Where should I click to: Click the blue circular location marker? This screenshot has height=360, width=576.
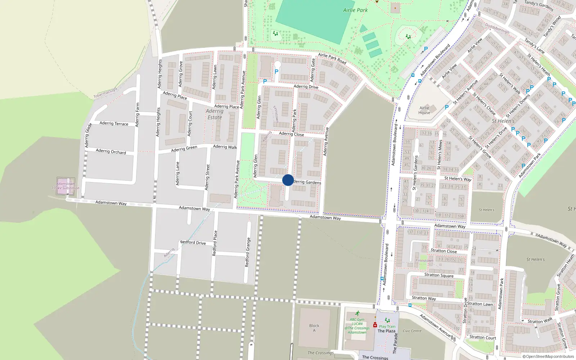288,180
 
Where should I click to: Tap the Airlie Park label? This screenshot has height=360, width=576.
355,10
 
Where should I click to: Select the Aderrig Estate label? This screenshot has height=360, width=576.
215,114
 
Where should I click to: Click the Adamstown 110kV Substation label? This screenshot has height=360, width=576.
66,186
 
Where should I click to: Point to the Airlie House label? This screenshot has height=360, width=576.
424,110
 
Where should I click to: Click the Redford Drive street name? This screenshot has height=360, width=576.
193,243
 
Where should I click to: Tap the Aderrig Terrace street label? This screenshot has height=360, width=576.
114,123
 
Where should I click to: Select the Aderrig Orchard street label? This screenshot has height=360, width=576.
111,152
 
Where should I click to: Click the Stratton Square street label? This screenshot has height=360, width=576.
439,275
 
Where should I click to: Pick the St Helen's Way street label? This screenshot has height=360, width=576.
458,179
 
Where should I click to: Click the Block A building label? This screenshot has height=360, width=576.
314,328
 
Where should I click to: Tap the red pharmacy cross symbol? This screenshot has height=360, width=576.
375,325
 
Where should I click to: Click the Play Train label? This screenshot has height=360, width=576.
387,327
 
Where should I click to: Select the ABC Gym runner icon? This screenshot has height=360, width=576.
357,314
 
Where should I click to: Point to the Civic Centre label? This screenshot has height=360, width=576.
412,331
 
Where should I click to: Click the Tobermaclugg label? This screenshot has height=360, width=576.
105,93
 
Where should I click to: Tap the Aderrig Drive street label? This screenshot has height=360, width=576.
306,86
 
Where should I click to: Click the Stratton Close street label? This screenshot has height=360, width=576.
444,251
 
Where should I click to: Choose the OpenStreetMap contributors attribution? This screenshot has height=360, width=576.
548,356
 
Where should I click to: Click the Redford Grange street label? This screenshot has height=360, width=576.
248,252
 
